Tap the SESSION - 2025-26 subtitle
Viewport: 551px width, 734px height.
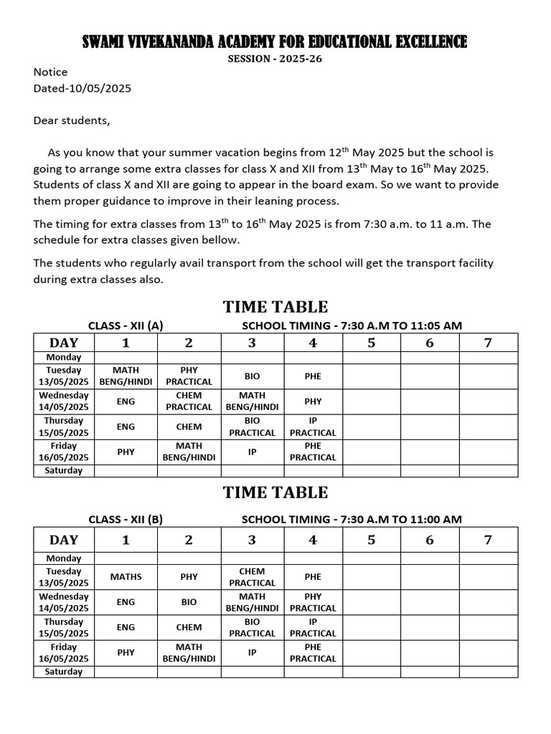(275, 59)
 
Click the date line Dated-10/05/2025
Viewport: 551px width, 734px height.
(83, 89)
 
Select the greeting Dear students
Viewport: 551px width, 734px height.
(72, 120)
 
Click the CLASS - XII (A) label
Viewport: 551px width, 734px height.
(126, 325)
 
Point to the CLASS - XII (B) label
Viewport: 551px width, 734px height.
(126, 519)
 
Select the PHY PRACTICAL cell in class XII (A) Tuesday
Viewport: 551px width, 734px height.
(189, 376)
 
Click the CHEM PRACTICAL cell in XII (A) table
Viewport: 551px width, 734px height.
(189, 401)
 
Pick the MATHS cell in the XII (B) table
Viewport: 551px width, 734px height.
(126, 576)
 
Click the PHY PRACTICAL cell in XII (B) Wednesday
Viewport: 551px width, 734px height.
(313, 602)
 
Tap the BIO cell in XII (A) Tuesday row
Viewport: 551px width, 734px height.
(252, 376)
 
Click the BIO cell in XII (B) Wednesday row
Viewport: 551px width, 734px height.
(189, 602)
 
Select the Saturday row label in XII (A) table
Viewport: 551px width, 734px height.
(64, 471)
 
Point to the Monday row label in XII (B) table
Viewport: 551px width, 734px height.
(64, 558)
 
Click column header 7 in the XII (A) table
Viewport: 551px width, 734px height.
(488, 343)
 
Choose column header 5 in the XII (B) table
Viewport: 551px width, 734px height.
(371, 540)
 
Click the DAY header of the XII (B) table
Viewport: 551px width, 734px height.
(64, 540)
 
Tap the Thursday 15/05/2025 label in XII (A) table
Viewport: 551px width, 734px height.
(64, 426)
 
